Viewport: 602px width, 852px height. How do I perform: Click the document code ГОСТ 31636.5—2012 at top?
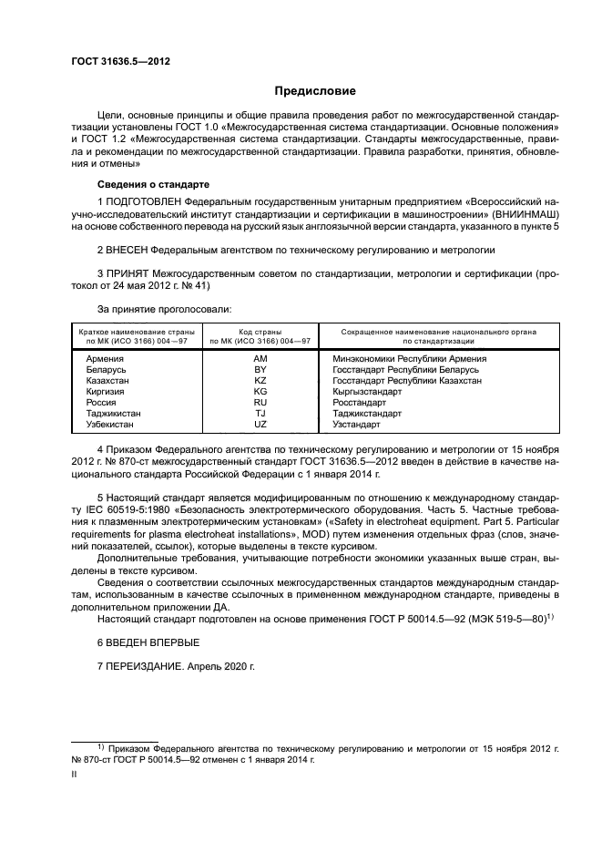[119, 61]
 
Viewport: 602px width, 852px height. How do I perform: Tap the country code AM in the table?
[260, 359]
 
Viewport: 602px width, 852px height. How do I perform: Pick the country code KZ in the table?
[260, 380]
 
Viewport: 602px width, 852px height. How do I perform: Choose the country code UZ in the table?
[260, 424]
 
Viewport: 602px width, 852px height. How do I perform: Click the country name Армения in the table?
[104, 359]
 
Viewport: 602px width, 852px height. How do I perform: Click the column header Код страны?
[260, 332]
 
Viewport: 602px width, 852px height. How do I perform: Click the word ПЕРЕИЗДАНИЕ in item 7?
[147, 666]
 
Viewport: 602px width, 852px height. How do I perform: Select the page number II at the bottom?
[74, 775]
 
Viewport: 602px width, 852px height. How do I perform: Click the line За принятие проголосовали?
[150, 310]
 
